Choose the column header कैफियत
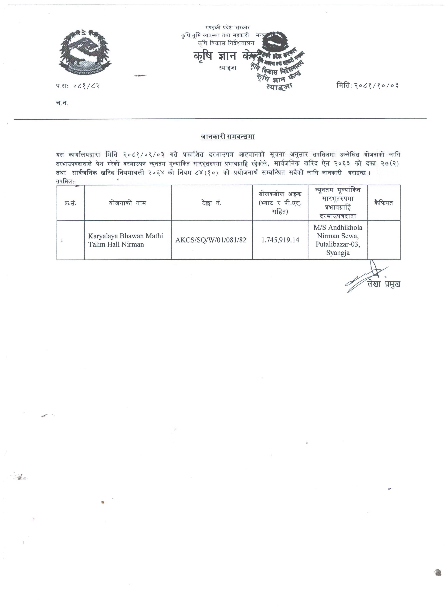pos(384,203)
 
